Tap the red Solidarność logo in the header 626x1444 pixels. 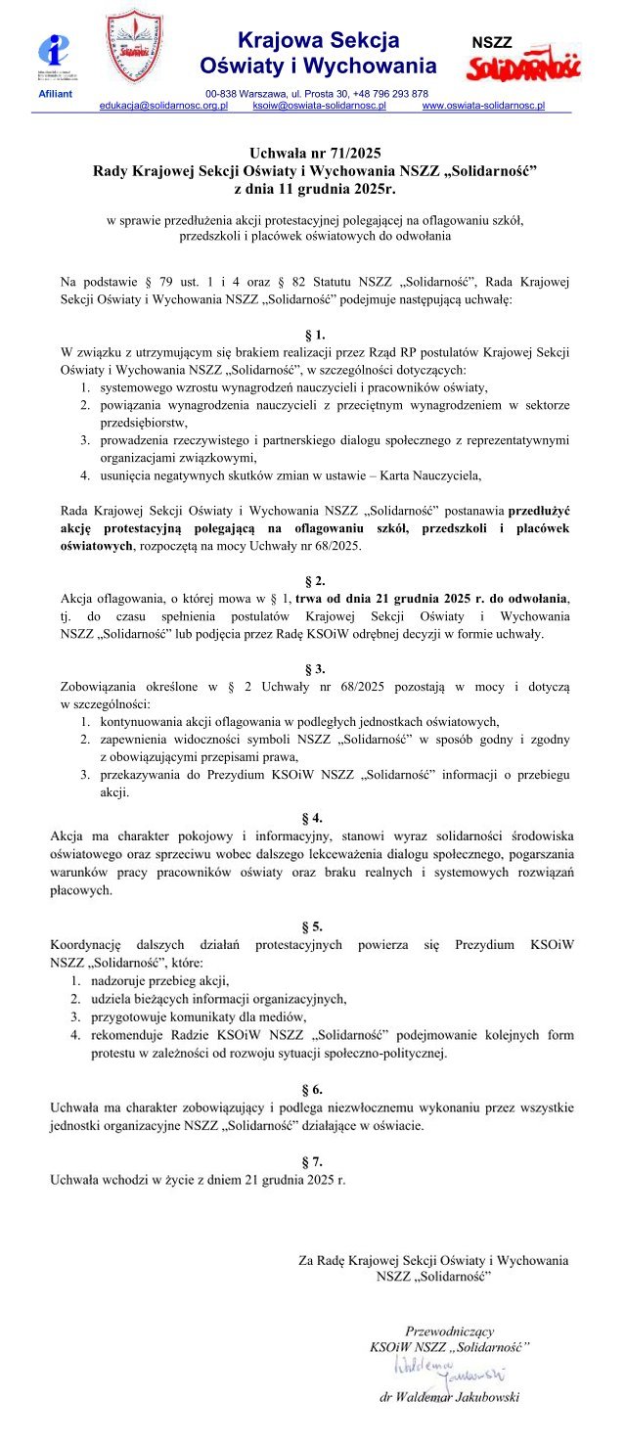522,68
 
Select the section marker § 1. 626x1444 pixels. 314,335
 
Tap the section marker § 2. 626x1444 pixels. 314,580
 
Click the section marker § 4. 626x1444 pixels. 314,817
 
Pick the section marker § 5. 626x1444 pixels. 314,925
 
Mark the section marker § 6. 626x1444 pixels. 314,1088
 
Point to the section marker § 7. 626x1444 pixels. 314,1161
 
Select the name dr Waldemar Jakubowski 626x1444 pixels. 449,1397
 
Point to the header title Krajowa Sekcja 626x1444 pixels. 319,41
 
